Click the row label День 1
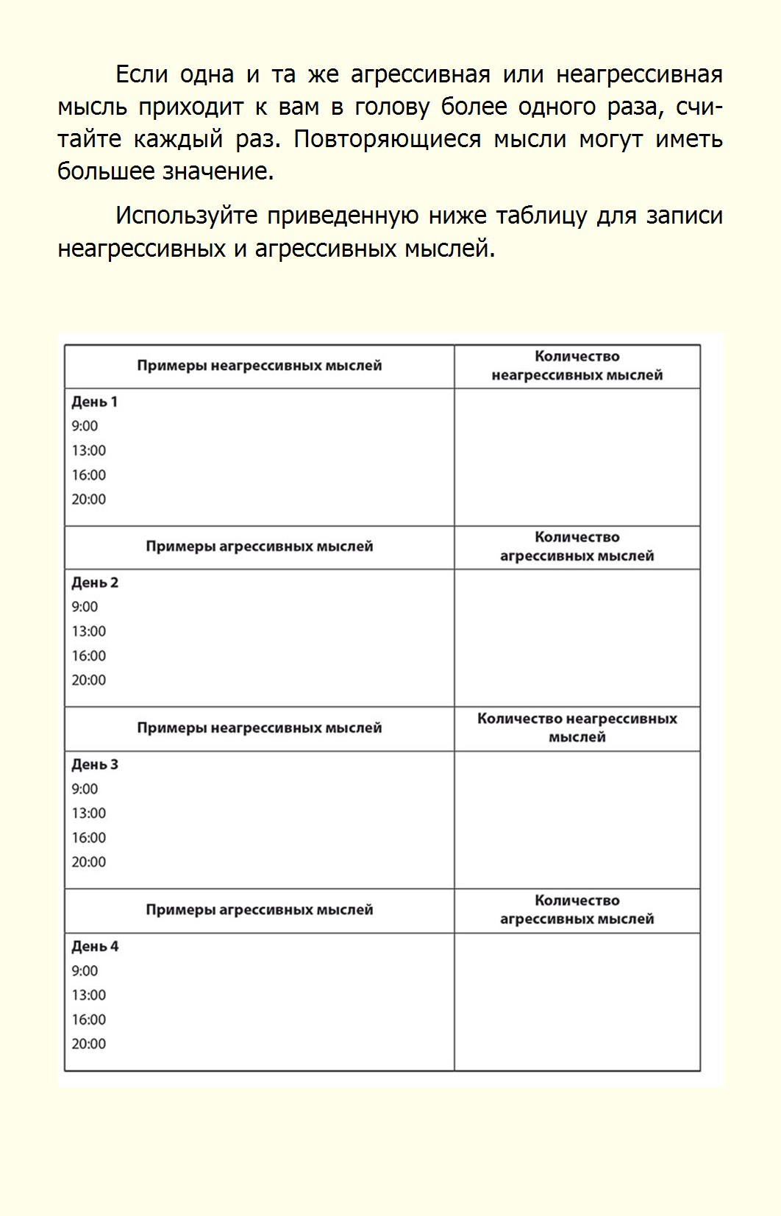coord(94,402)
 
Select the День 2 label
coord(95,583)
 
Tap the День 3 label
coord(95,764)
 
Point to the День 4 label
coord(95,946)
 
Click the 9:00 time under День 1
coord(85,426)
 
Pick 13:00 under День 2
coord(89,631)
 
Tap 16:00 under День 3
coord(89,837)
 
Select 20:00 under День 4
coord(89,1044)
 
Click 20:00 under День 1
coord(89,499)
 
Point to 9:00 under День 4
coord(85,970)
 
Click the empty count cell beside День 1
coord(577,457)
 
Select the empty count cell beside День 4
coord(577,1001)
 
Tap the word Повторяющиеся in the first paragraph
coord(387,139)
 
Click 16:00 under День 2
coord(89,655)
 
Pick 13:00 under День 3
coord(89,813)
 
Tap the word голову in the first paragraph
coord(392,107)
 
